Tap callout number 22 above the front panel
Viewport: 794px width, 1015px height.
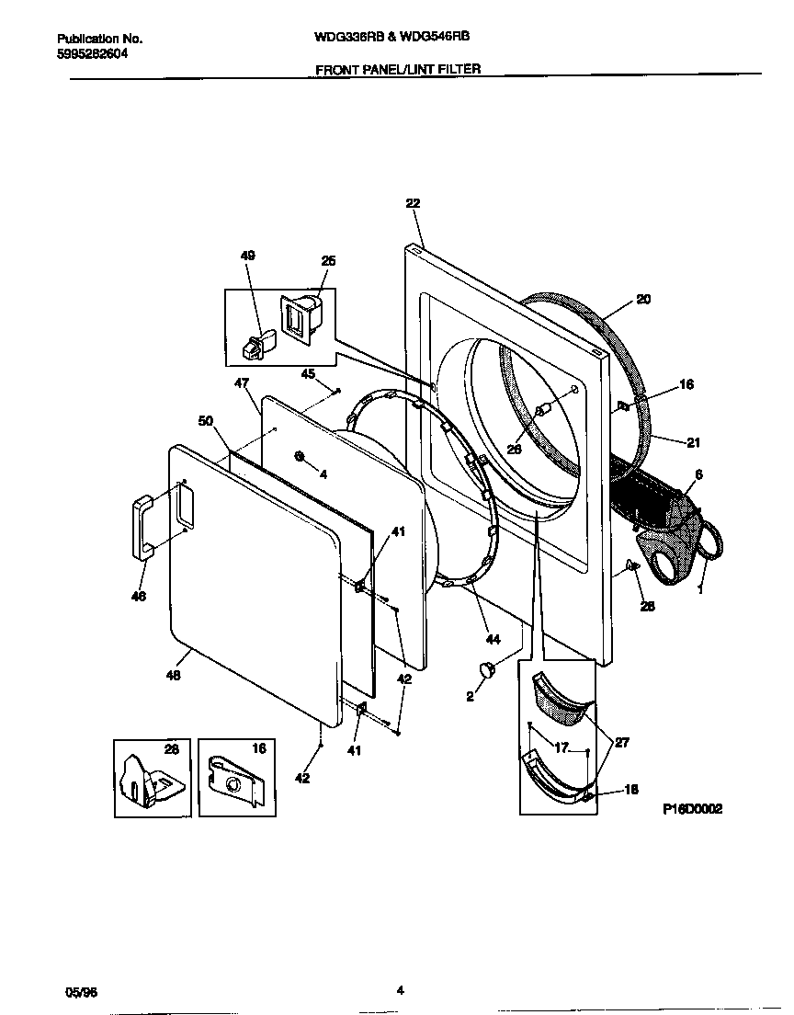pos(413,204)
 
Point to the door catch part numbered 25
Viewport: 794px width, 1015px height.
pos(301,318)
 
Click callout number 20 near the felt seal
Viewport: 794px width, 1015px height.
pos(643,300)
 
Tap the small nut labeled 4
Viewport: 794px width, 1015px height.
pos(300,456)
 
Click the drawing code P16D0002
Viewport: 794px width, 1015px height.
pos(692,809)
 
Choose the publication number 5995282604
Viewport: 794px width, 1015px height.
pos(92,54)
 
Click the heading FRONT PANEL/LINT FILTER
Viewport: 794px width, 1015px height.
pos(398,68)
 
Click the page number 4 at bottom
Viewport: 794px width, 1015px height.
pos(400,990)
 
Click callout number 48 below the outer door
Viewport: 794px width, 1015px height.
pos(173,676)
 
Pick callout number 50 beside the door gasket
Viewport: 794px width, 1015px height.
pos(207,420)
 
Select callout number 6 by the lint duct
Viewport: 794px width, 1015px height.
pos(698,473)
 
